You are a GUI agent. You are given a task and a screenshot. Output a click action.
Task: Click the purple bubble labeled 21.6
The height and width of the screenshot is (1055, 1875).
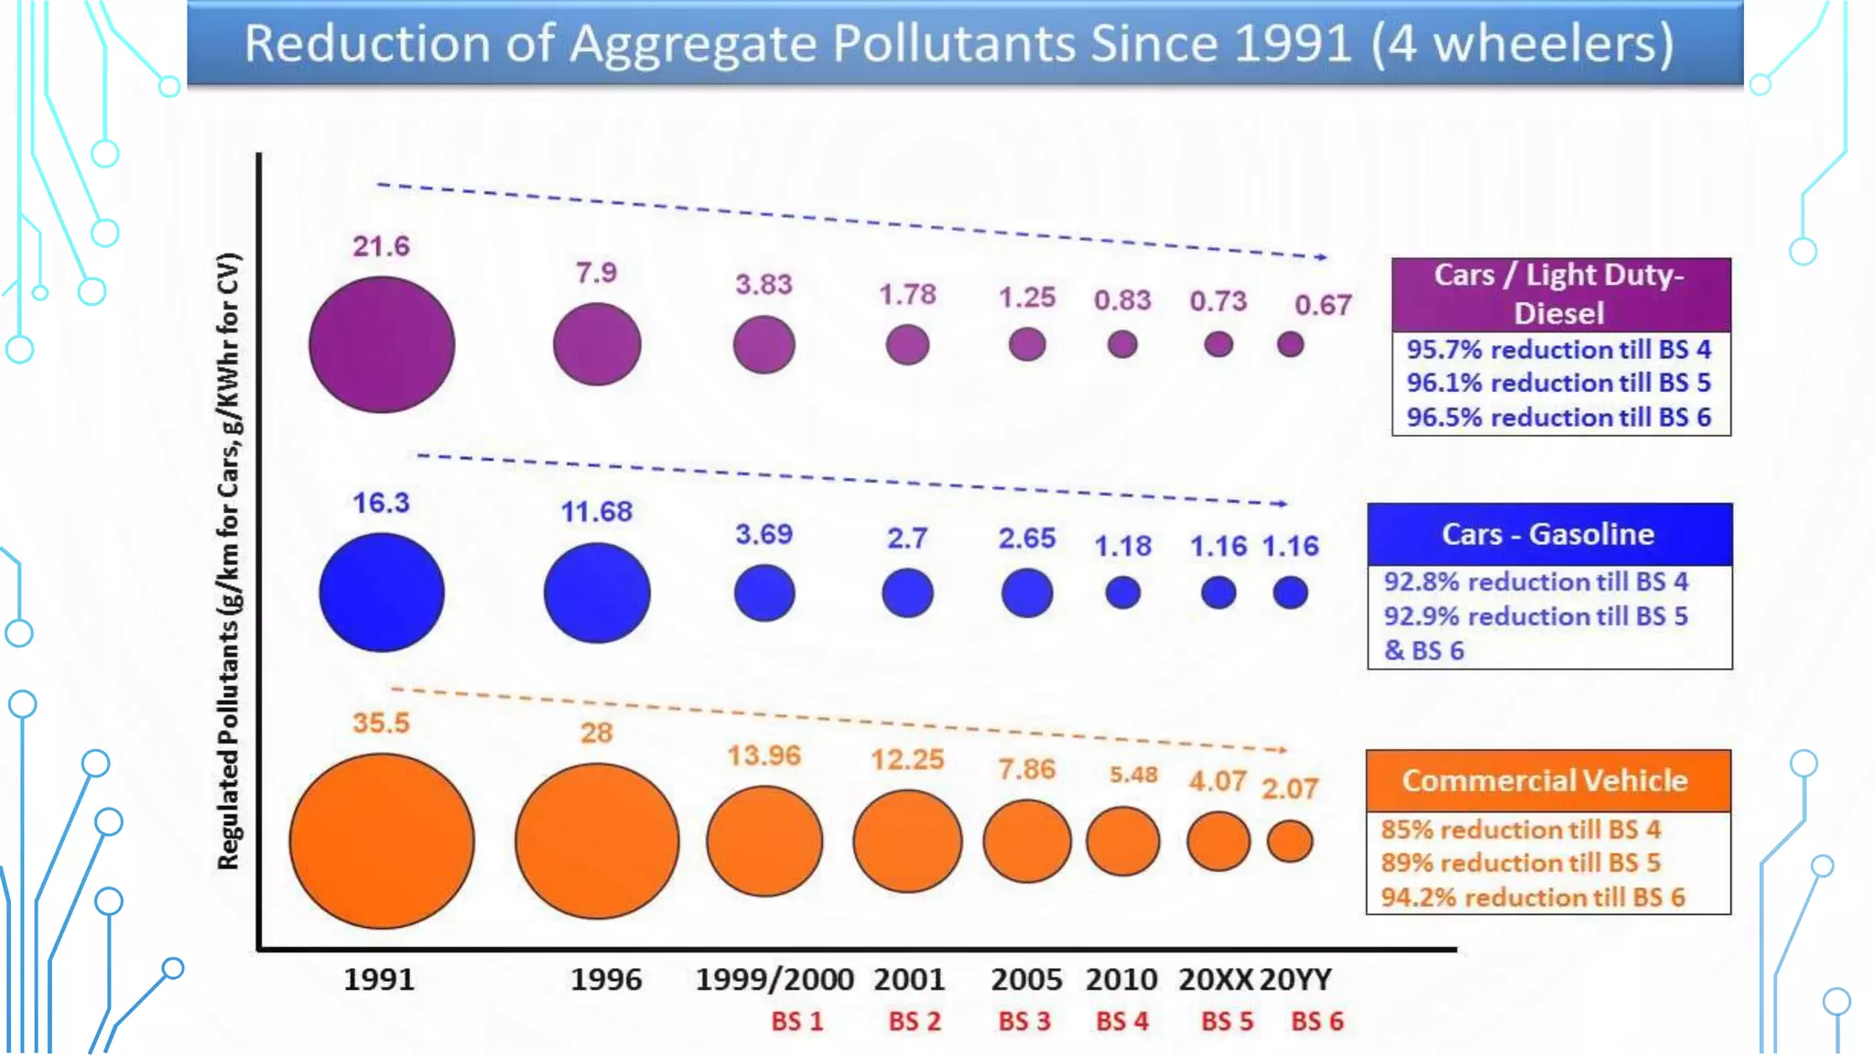pyautogui.click(x=382, y=345)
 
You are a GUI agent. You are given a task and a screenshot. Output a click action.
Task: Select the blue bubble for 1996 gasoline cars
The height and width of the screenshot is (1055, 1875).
pyautogui.click(x=597, y=593)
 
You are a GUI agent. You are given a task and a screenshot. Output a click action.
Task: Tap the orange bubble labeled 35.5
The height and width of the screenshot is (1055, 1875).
pyautogui.click(x=382, y=841)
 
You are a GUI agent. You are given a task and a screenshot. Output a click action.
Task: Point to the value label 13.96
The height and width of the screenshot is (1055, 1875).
pyautogui.click(x=764, y=756)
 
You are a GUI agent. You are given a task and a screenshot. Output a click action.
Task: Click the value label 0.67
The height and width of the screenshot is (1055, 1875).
pyautogui.click(x=1322, y=305)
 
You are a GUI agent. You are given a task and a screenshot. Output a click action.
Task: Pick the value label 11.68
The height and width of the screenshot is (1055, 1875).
pyautogui.click(x=596, y=511)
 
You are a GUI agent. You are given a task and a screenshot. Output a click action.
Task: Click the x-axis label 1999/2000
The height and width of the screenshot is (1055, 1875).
pyautogui.click(x=774, y=979)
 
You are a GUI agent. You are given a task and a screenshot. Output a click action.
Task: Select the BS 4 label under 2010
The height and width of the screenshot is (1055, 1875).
pyautogui.click(x=1122, y=1021)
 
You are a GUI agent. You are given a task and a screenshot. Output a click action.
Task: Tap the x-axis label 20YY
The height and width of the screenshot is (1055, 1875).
pyautogui.click(x=1295, y=979)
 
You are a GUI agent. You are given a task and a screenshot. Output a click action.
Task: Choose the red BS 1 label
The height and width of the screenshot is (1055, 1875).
pyautogui.click(x=797, y=1021)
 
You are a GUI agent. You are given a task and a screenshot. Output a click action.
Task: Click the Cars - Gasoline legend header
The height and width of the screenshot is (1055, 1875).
pyautogui.click(x=1548, y=534)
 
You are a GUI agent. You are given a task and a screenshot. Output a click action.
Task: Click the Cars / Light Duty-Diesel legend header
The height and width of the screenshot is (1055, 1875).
pyautogui.click(x=1559, y=294)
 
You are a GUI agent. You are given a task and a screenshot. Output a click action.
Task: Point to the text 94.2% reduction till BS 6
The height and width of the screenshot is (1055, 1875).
pyautogui.click(x=1533, y=897)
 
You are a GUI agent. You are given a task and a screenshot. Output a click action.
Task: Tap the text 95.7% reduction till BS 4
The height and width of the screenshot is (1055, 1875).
pyautogui.click(x=1558, y=350)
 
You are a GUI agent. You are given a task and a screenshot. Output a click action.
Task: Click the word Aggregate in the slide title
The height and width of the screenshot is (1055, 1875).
pyautogui.click(x=692, y=43)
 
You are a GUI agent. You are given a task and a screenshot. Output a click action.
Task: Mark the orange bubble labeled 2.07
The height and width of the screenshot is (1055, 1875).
pyautogui.click(x=1290, y=841)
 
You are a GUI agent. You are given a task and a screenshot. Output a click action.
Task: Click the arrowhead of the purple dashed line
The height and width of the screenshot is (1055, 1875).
pyautogui.click(x=1321, y=257)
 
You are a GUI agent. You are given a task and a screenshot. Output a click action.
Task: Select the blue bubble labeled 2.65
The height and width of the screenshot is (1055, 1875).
pyautogui.click(x=1026, y=593)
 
